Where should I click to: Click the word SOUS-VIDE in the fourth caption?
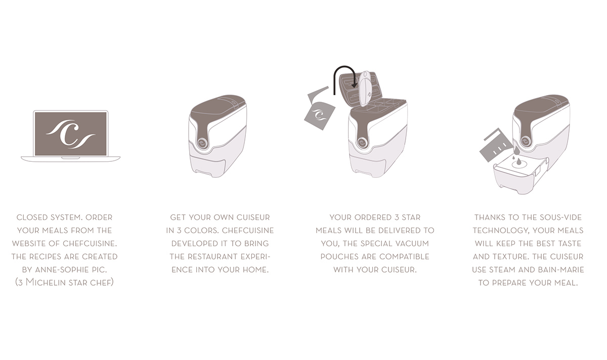point(558,217)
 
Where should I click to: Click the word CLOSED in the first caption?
point(34,217)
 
